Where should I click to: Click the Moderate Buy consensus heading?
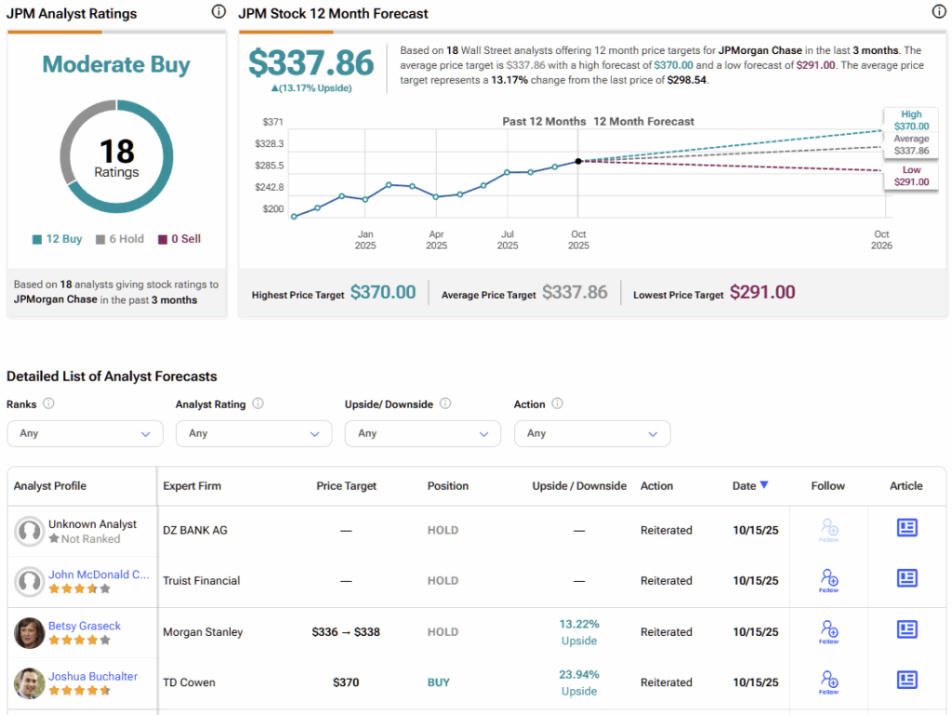(x=116, y=65)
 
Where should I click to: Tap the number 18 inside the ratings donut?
(x=116, y=152)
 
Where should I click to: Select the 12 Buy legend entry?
(x=57, y=239)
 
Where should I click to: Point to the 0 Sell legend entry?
(x=179, y=239)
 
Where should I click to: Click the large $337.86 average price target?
(x=311, y=63)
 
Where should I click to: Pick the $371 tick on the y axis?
(x=273, y=122)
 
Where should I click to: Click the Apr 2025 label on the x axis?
(x=436, y=240)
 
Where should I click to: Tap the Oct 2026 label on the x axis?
(x=881, y=240)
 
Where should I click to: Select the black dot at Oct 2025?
(x=578, y=161)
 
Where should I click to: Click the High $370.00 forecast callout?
(x=911, y=120)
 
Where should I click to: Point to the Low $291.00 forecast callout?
(x=911, y=176)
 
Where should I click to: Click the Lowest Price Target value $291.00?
(x=762, y=292)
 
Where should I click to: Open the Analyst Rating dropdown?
(x=254, y=433)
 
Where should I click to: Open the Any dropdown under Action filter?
(x=592, y=433)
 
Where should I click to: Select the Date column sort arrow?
(x=764, y=484)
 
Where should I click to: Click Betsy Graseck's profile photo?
(x=30, y=632)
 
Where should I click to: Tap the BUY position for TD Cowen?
(x=439, y=682)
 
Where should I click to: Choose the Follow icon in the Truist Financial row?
(x=828, y=580)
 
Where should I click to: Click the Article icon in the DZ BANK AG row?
(x=906, y=528)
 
